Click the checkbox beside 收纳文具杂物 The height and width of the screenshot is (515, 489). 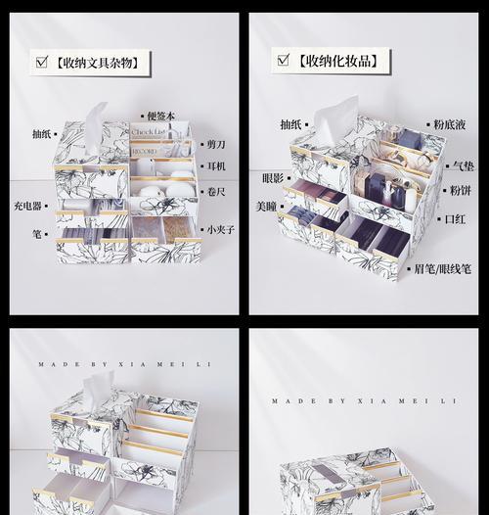[42, 62]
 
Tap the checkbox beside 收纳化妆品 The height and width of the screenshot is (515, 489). [284, 60]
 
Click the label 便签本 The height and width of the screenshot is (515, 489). [160, 116]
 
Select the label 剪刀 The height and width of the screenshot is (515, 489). [216, 144]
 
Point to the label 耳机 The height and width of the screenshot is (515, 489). [216, 165]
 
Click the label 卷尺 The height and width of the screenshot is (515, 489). [216, 192]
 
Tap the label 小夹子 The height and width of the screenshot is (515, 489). [221, 229]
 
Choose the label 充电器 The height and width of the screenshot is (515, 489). [27, 206]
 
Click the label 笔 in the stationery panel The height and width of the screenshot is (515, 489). [37, 234]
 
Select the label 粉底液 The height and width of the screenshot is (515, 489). [449, 124]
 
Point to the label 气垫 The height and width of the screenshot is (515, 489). [464, 166]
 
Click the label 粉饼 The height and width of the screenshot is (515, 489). [460, 191]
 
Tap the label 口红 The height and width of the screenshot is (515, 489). [455, 219]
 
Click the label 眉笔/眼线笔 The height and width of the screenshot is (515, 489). [442, 269]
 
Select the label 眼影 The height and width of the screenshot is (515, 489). [273, 178]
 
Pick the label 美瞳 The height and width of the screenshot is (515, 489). [266, 207]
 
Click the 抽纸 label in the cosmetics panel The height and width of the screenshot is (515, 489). [290, 124]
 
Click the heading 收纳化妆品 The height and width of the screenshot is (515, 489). [338, 61]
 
